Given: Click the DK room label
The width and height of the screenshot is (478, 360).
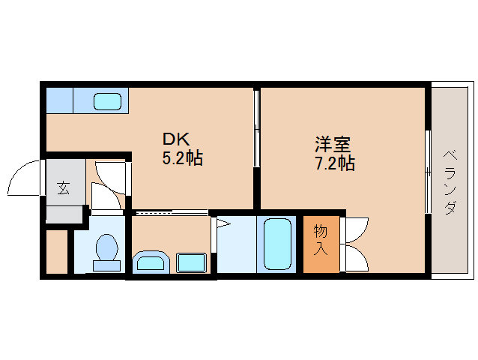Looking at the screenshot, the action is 176,139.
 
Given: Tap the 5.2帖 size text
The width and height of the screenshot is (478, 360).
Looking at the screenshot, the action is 182,158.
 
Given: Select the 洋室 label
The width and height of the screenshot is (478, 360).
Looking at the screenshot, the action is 333,144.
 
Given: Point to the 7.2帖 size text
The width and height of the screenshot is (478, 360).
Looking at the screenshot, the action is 335,163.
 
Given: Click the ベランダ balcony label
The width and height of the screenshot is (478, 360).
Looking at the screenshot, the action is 450,182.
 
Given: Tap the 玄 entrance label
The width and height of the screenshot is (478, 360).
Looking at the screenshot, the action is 64,188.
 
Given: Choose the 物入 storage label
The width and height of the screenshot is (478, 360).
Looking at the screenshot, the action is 321,240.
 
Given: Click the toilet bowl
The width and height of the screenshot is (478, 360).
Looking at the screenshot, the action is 106,247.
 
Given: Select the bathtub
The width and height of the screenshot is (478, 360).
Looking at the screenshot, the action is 277,244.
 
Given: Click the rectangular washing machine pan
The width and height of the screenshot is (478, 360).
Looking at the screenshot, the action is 191,262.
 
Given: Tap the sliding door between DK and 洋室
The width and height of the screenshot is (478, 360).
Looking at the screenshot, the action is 257,127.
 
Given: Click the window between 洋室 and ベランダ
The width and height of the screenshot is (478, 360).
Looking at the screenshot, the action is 428,172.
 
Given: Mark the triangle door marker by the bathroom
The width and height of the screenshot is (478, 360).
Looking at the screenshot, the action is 223,224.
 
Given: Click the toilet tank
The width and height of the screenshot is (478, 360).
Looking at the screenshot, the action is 106,265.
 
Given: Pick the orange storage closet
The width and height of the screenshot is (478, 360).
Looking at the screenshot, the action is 321,244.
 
